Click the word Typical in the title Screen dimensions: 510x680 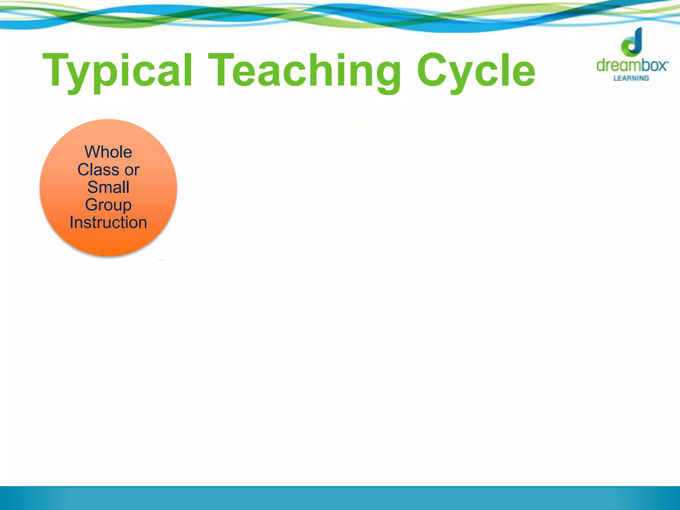coord(118,71)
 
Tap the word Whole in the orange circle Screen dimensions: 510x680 coord(108,152)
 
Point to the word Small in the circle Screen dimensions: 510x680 coord(108,187)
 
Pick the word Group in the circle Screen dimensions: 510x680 coord(108,205)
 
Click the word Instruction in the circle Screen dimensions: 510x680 coord(108,222)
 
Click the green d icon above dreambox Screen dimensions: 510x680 coord(633,42)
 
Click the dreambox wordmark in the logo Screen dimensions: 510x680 coord(632,65)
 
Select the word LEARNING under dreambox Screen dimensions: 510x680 coord(631,78)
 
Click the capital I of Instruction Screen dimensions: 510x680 coord(72,222)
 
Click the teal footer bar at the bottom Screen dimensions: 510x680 coord(340,498)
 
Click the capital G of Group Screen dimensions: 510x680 coord(92,205)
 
